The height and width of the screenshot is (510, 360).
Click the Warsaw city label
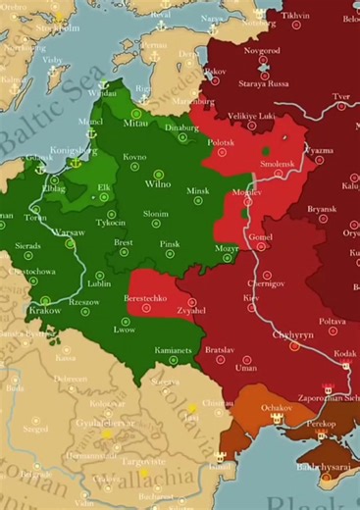68,232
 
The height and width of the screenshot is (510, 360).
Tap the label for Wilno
144,183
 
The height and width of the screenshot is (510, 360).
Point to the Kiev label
251,296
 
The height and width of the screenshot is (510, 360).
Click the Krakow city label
44,310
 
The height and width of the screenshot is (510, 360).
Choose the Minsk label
199,190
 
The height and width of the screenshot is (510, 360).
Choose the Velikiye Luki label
256,115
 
